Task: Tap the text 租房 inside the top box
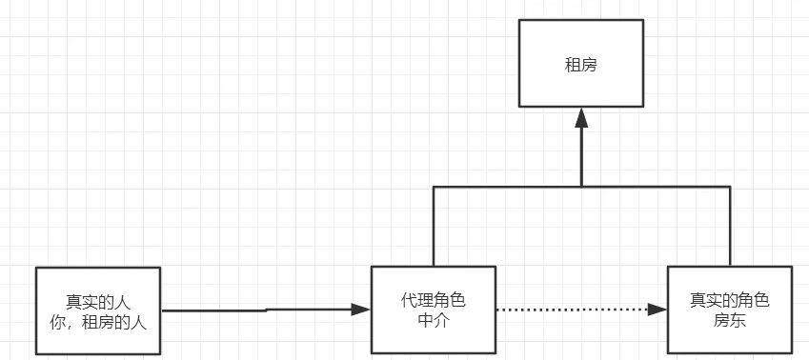pos(580,68)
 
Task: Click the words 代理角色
pos(434,300)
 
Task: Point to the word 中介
pos(434,320)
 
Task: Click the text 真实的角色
pos(729,300)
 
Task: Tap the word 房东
pos(729,320)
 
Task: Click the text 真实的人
pos(98,301)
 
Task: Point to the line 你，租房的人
pos(98,321)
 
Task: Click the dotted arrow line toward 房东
pos(572,310)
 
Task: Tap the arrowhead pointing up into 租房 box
pos(580,117)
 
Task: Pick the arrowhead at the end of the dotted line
pos(657,310)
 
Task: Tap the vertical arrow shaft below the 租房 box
pos(580,157)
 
